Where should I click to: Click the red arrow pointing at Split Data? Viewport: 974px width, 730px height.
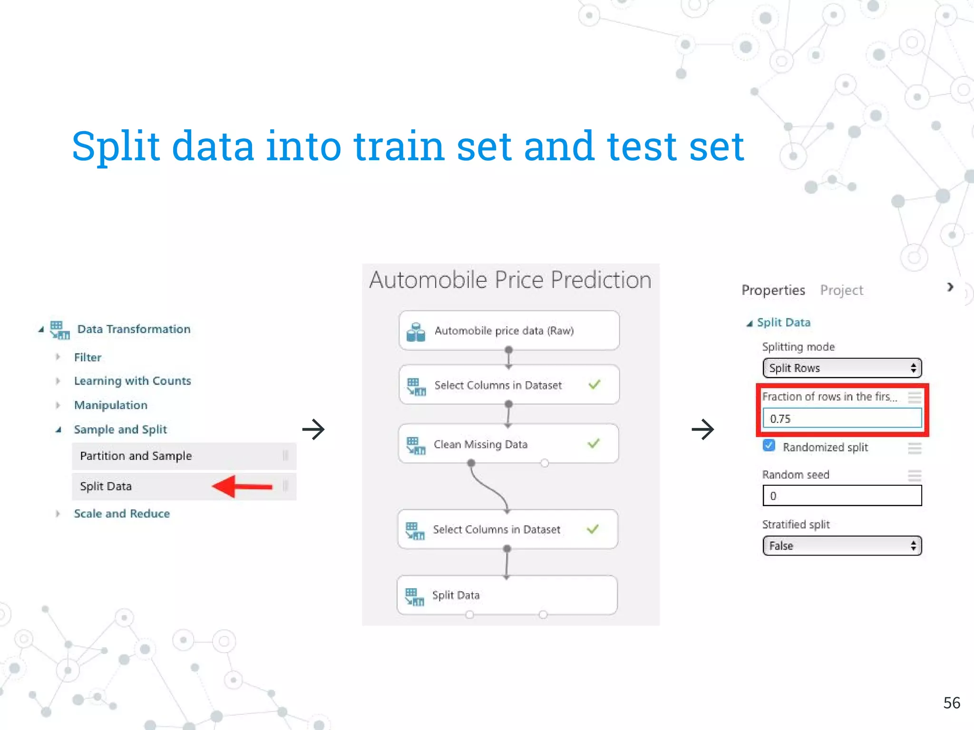coord(242,486)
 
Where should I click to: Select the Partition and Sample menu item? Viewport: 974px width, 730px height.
coord(136,456)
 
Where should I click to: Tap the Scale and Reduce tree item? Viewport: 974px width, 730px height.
coord(122,514)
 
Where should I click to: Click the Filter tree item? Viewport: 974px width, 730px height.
coord(88,357)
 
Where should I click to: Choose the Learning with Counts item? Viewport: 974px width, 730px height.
coord(132,381)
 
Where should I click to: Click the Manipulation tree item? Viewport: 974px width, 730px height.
coord(110,405)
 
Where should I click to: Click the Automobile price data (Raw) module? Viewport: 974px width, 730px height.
coord(509,331)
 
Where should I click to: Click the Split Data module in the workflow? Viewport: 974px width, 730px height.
coord(507,595)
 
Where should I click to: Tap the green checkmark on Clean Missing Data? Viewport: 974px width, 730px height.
coord(593,443)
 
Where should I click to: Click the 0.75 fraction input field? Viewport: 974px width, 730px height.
coord(842,419)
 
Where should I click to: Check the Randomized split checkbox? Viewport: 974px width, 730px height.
coord(769,446)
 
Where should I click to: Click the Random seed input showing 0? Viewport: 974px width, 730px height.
coord(842,496)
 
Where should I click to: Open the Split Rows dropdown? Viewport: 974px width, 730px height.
coord(842,368)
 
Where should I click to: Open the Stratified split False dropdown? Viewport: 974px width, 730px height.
coord(842,546)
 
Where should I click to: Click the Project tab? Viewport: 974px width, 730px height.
coord(841,290)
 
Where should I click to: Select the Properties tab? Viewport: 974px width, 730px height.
coord(773,290)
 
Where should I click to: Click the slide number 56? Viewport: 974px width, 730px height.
coord(951,703)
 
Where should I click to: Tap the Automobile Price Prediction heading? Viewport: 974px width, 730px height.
coord(510,279)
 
